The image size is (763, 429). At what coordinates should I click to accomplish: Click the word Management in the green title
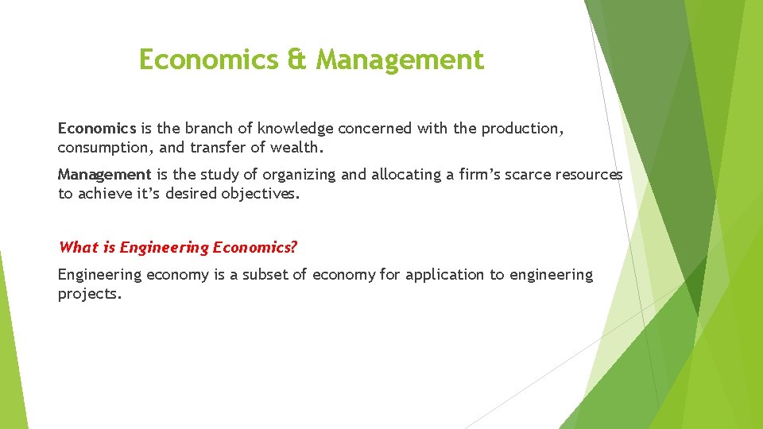[400, 60]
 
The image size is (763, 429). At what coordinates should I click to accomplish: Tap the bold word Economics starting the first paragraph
[97, 128]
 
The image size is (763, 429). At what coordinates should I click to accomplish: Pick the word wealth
[299, 147]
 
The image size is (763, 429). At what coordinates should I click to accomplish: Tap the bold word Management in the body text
[104, 174]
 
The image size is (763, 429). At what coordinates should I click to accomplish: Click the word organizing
[300, 174]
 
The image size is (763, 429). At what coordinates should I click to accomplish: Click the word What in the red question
[77, 247]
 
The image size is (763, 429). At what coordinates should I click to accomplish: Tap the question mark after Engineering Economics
[294, 247]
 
